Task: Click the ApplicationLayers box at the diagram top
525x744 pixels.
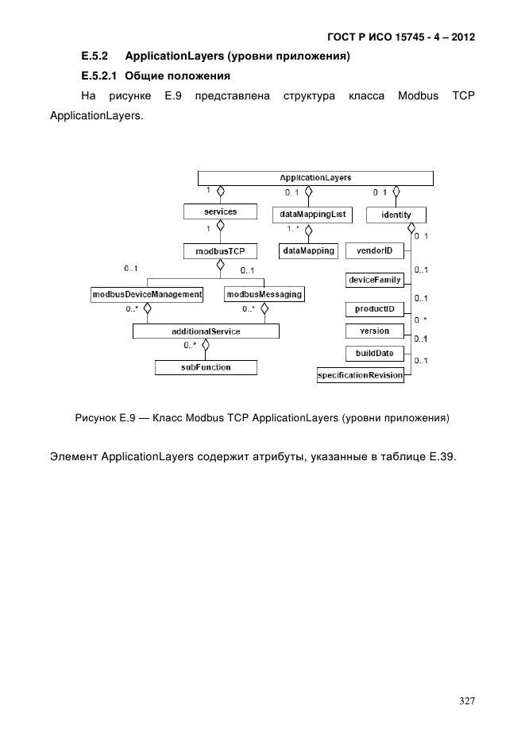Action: coord(315,177)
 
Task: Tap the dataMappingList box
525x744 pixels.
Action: coord(311,215)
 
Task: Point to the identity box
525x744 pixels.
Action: coord(396,215)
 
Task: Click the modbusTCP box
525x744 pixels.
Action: coord(214,251)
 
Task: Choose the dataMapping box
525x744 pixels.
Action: coord(307,251)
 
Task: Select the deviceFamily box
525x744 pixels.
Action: coord(375,280)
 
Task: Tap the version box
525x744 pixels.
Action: coord(375,331)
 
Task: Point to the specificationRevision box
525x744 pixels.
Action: coord(360,374)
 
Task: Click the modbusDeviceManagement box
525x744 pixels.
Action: coord(147,294)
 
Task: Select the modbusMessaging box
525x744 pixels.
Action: coord(264,294)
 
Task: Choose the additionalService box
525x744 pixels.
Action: coord(206,331)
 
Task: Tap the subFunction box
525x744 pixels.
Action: coord(206,367)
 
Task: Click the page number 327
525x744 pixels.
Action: coord(467,701)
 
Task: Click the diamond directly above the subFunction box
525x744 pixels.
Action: coord(206,346)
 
